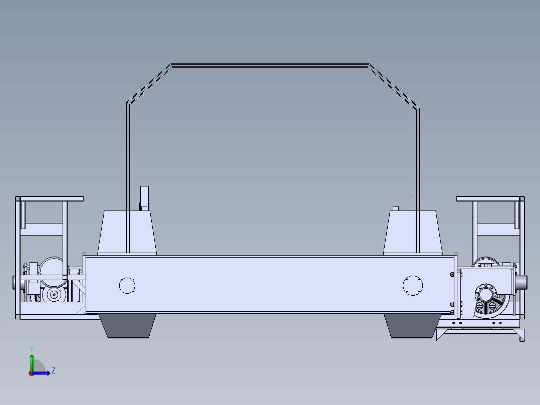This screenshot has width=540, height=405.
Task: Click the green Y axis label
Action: (x=31, y=348)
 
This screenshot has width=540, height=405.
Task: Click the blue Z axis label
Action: (x=53, y=370)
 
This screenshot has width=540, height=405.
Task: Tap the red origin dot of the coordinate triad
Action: (x=31, y=373)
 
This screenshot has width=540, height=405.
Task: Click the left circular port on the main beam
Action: (x=127, y=285)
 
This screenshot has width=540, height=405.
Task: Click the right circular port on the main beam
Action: (x=413, y=285)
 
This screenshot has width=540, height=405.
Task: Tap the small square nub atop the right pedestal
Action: (x=395, y=209)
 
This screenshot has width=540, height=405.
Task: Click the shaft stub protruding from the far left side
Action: (x=13, y=283)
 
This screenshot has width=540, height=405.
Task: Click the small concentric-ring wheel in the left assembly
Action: (x=53, y=295)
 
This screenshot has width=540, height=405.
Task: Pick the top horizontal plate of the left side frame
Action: (x=50, y=199)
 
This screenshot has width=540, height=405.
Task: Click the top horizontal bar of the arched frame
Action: (x=271, y=65)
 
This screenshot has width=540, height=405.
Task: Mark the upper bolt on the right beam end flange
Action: (x=452, y=274)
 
